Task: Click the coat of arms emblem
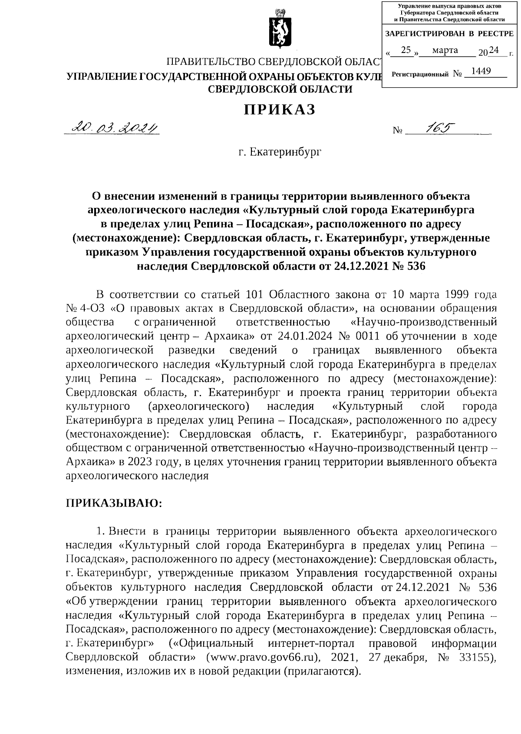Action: pyautogui.click(x=278, y=30)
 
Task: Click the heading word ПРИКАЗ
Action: pyautogui.click(x=279, y=110)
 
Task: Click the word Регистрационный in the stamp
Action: pyautogui.click(x=419, y=75)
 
